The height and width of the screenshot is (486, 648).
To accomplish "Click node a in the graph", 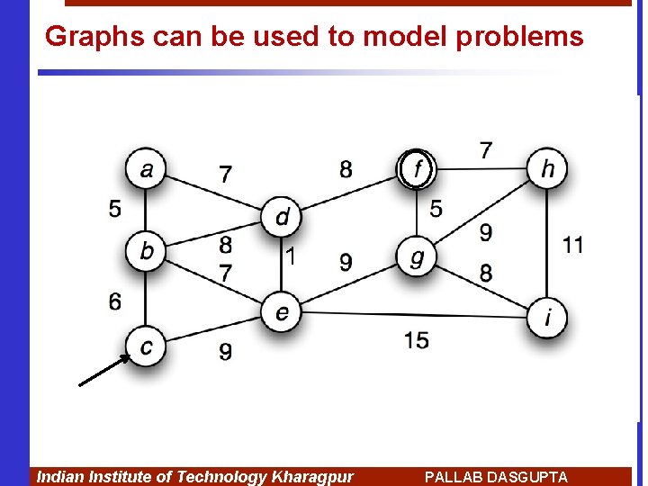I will [146, 168].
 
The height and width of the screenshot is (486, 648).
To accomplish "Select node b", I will [146, 250].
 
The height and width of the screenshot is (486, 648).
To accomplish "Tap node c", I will [146, 345].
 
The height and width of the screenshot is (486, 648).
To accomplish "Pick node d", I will [283, 217].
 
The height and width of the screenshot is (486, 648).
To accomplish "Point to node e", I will [282, 311].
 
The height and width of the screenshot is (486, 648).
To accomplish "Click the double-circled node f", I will [416, 167].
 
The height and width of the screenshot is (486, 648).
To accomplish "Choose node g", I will [416, 257].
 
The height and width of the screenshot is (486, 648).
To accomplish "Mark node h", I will [547, 167].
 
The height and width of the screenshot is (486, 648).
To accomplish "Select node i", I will [547, 317].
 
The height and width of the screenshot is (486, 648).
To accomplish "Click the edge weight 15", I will [417, 339].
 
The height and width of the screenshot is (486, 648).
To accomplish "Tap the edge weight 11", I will [572, 244].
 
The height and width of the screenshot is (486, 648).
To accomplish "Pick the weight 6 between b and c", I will [115, 301].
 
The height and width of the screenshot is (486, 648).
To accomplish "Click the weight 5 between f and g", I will [436, 209].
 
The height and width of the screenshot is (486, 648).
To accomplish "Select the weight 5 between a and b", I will [115, 208].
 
